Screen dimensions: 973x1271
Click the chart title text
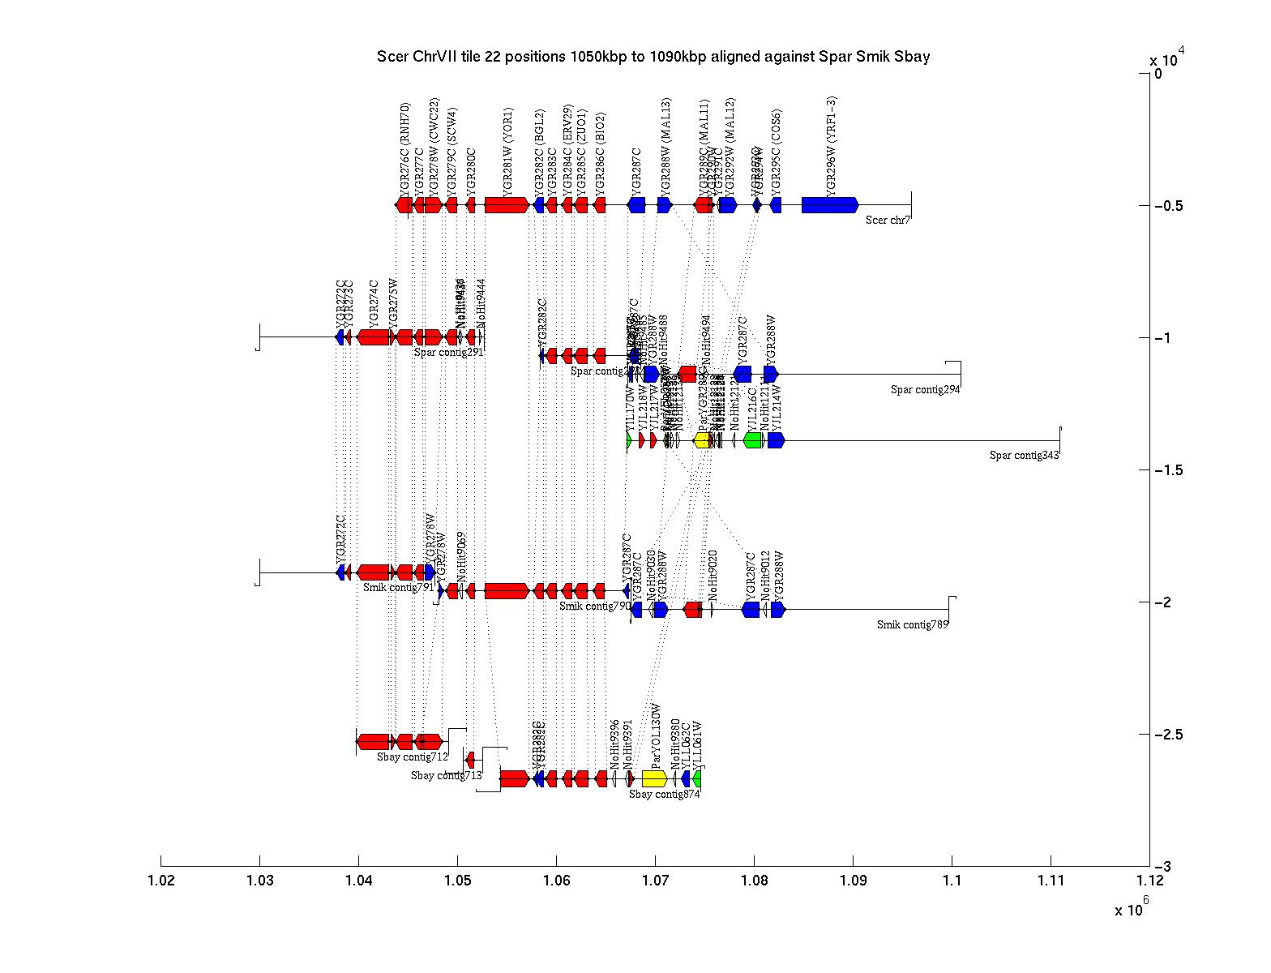[653, 57]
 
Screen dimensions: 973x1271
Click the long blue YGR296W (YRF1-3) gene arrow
[829, 205]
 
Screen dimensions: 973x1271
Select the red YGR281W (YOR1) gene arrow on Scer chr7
[507, 205]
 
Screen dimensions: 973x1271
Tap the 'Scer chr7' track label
[888, 220]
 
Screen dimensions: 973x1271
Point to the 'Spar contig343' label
[1024, 455]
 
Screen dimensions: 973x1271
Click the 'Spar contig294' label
[925, 390]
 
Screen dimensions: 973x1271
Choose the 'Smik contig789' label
[912, 624]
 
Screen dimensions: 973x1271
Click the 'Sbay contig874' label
[664, 795]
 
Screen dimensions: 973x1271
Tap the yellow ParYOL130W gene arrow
[654, 778]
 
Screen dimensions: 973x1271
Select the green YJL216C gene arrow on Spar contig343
[752, 440]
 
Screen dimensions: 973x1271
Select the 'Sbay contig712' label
[412, 757]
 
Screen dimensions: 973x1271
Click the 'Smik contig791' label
[398, 588]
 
